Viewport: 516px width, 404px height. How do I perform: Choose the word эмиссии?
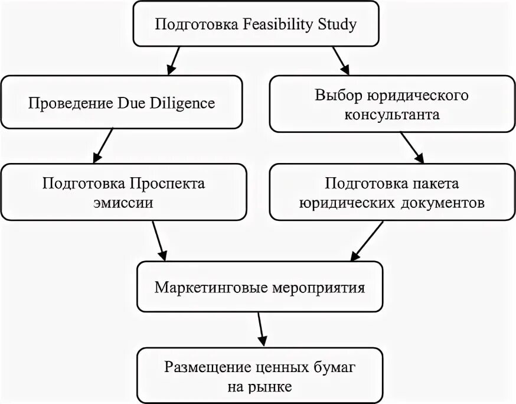tap(123, 203)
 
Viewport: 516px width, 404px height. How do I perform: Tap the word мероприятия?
tap(321, 288)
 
